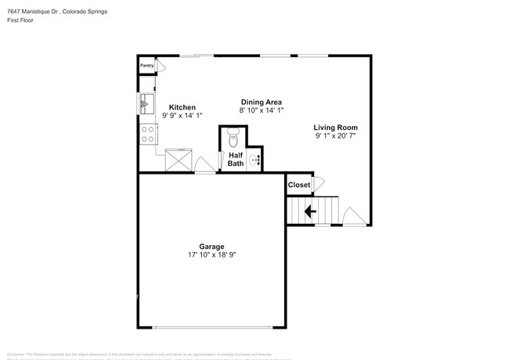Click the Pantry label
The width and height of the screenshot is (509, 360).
pos(146,67)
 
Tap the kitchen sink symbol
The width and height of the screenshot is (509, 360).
pos(145,102)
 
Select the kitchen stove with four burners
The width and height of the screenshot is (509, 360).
pos(146,135)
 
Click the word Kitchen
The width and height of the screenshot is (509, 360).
pos(182,107)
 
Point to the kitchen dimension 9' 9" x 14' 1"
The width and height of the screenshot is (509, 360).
pos(182,116)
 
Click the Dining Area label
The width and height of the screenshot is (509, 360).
pos(261,102)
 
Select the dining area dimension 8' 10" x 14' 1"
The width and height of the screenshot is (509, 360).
pos(261,110)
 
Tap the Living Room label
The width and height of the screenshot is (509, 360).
pos(335,128)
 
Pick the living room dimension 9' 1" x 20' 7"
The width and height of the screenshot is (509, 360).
pos(335,136)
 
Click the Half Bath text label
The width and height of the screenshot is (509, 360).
pos(236,160)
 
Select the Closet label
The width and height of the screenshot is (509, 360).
pos(298,185)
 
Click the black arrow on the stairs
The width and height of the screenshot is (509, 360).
pos(310,211)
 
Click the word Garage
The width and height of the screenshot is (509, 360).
pos(211,247)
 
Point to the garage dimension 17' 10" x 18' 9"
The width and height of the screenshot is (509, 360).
pos(211,255)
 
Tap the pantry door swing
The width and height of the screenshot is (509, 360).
pos(161,68)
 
